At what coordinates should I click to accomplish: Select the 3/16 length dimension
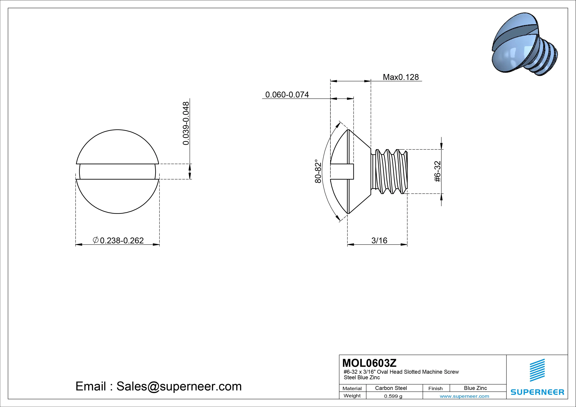point(379,240)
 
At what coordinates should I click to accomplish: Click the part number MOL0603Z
point(369,363)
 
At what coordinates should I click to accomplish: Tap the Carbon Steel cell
point(391,388)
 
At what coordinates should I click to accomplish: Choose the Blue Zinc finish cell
point(475,388)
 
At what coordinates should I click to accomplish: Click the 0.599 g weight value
point(393,396)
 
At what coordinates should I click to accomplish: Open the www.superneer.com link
point(464,396)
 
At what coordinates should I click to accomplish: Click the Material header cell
point(352,388)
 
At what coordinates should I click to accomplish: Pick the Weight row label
point(352,396)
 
